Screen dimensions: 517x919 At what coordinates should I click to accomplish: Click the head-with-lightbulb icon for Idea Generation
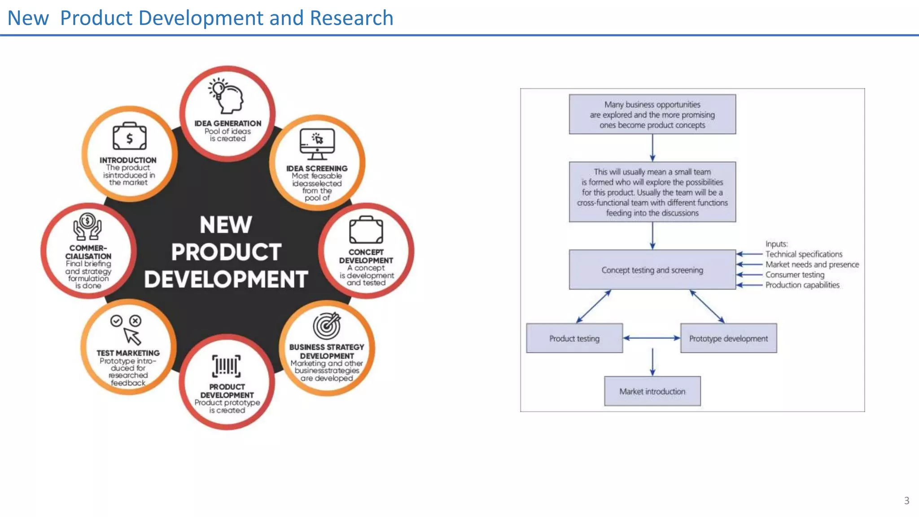227,95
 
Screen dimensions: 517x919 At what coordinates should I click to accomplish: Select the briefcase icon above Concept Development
366,230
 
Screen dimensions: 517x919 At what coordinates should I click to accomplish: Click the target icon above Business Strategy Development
327,326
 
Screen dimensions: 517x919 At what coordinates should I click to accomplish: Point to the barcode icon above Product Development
227,366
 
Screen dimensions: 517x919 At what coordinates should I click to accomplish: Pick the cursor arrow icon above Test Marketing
131,335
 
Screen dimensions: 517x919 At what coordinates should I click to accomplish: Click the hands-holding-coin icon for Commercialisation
88,227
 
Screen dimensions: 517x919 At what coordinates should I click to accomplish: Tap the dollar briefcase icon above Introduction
129,136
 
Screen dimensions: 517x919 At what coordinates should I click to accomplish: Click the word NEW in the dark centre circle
226,225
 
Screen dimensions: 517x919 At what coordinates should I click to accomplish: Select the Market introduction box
652,391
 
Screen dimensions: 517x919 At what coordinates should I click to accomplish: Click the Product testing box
574,338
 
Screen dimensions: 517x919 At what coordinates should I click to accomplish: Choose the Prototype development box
728,338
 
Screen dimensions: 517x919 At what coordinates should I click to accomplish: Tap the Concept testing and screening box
652,270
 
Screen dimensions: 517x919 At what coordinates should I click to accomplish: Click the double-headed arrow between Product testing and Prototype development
652,338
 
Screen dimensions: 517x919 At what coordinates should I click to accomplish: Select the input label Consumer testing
795,275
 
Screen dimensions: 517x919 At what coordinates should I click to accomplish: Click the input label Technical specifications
804,254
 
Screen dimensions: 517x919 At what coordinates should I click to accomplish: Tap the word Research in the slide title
351,18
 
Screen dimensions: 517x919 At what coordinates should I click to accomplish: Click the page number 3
906,500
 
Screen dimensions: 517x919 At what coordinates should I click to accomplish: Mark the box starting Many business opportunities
652,114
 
